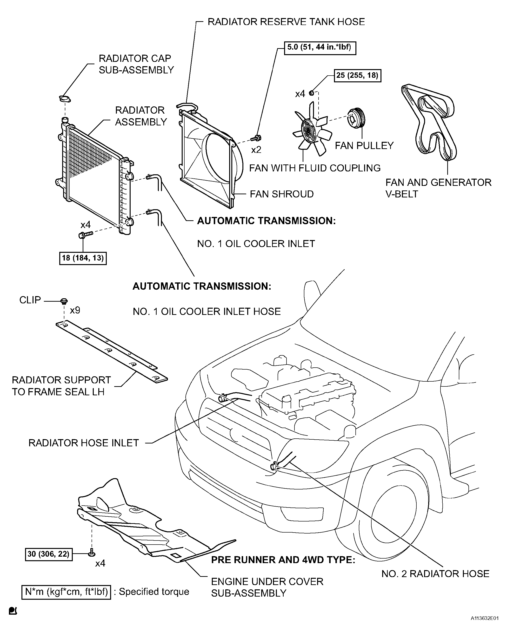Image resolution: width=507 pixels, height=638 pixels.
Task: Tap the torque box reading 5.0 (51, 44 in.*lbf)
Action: point(320,48)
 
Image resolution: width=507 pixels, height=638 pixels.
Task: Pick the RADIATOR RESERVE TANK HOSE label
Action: point(286,22)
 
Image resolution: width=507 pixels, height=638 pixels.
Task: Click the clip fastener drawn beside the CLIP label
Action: point(64,301)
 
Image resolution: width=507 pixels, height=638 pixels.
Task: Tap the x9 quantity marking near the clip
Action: point(75,310)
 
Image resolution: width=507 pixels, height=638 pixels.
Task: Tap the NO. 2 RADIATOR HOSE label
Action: point(435,573)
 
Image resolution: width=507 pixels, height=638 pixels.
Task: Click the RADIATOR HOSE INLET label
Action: point(84,443)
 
